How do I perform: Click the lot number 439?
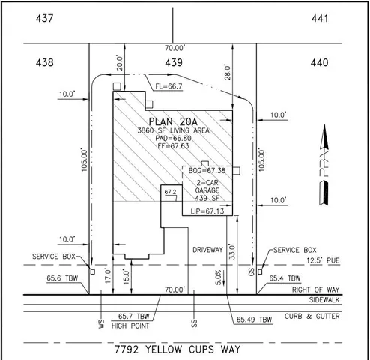pos(174,64)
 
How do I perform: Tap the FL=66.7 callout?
pos(169,87)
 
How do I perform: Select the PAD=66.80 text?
pos(173,139)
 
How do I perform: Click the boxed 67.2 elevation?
pos(169,193)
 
